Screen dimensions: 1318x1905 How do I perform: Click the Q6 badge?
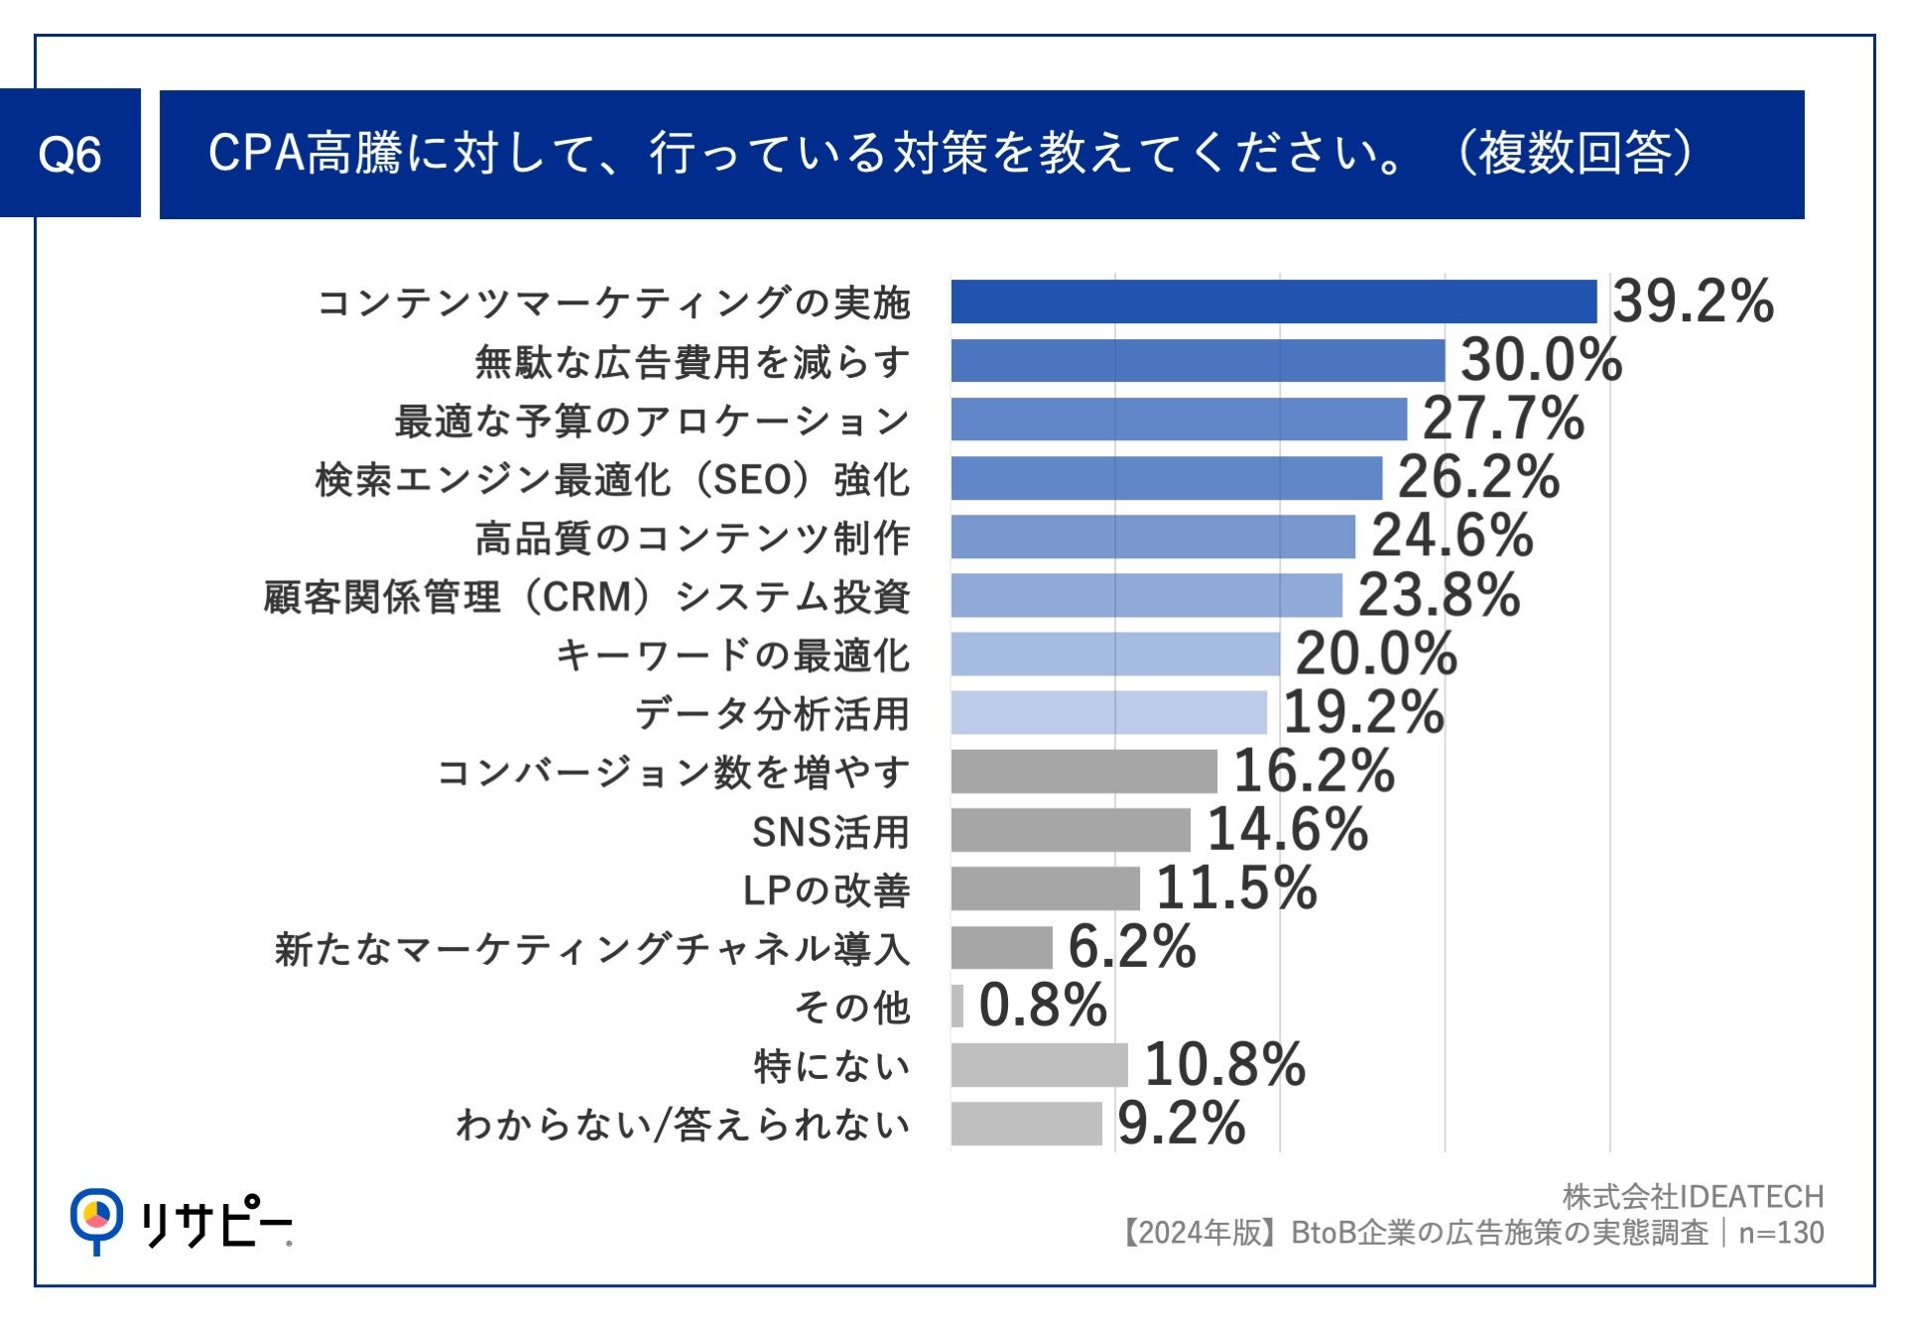tap(69, 154)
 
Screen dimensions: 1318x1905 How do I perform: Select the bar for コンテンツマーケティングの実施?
tap(1273, 301)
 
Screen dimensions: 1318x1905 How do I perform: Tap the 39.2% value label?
tap(1692, 300)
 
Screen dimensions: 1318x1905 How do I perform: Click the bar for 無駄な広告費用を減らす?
tap(1197, 360)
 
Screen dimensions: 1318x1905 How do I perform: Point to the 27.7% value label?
tap(1502, 418)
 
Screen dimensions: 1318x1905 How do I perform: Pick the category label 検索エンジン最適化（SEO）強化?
tap(612, 480)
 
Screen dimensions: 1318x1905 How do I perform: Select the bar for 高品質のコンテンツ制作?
tap(1152, 537)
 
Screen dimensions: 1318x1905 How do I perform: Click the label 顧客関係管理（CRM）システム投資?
tap(586, 597)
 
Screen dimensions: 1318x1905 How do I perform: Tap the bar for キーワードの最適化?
tap(1114, 655)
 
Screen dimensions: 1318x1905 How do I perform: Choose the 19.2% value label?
tap(1362, 712)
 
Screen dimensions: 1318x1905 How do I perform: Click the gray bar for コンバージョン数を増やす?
tap(1083, 772)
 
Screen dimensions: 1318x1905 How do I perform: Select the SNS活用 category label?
tap(830, 832)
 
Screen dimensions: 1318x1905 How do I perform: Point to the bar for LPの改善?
tap(1045, 889)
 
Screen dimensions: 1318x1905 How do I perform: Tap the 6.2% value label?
tap(1131, 946)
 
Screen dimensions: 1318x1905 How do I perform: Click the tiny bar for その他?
tap(956, 1006)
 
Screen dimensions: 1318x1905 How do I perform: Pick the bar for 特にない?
tap(1039, 1065)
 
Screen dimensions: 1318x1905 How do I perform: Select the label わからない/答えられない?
tap(683, 1125)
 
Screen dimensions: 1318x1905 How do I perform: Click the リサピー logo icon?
tap(96, 1219)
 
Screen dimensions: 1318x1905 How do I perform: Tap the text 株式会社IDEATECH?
tap(1693, 1197)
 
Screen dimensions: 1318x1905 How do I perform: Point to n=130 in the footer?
tap(1781, 1233)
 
